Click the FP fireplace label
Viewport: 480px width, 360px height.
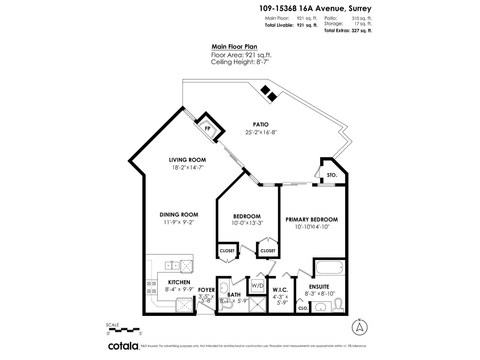[207, 128]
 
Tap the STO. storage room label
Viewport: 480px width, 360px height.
[332, 175]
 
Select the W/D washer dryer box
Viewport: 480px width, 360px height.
[257, 286]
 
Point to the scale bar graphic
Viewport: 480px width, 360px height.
[123, 330]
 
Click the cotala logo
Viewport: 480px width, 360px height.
[123, 346]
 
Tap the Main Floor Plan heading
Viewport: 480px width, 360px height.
[234, 47]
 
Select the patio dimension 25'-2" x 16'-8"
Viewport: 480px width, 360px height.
[261, 132]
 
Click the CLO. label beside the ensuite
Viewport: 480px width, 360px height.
[303, 308]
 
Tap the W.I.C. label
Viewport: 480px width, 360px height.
[280, 290]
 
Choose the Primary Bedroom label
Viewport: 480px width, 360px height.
[311, 219]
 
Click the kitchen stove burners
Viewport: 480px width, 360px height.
[151, 287]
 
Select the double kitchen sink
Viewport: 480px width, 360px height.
[172, 265]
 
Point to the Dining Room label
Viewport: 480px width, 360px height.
[179, 214]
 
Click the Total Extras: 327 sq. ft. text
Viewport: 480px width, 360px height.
[348, 30]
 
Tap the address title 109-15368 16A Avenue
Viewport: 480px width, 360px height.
[315, 8]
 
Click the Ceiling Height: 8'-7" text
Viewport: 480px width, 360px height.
[240, 62]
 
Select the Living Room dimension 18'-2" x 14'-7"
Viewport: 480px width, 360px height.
[188, 168]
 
